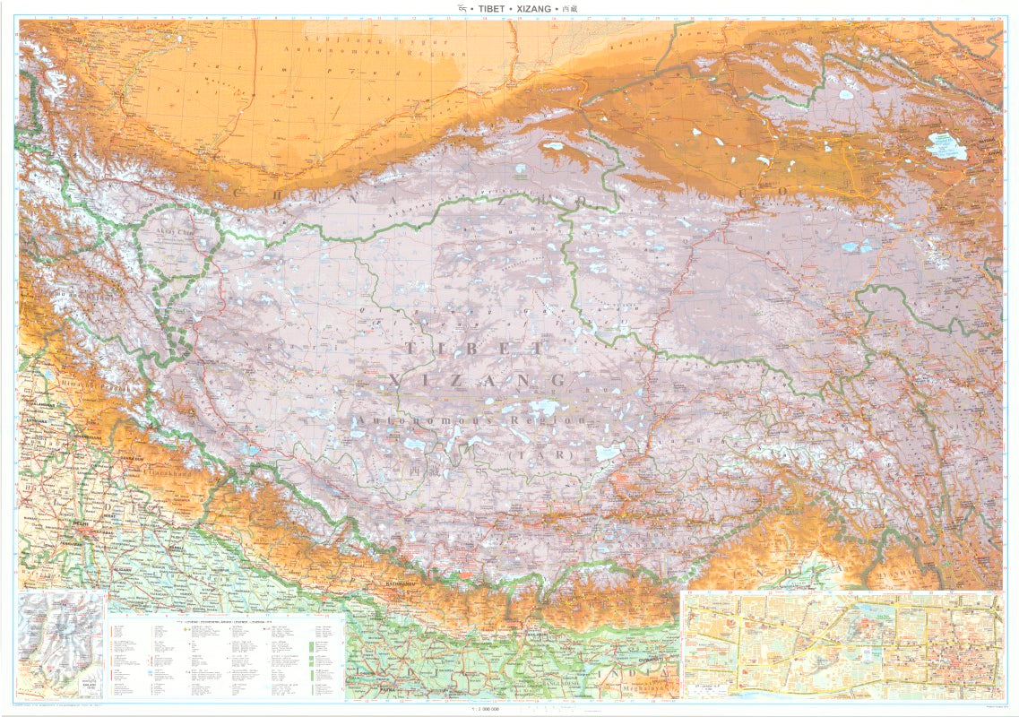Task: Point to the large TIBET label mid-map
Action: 474,349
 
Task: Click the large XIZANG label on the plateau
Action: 479,381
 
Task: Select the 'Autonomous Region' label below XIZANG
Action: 471,419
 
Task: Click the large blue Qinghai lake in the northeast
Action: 947,146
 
